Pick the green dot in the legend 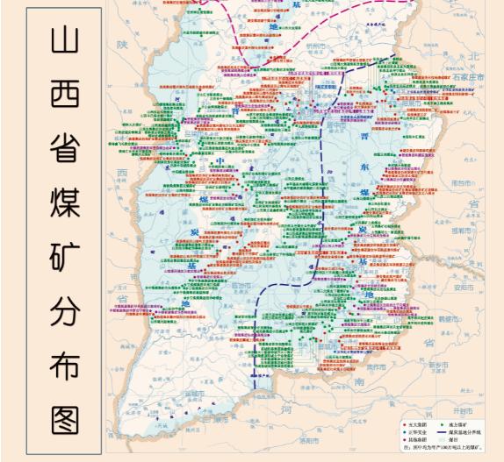pos(439,425)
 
